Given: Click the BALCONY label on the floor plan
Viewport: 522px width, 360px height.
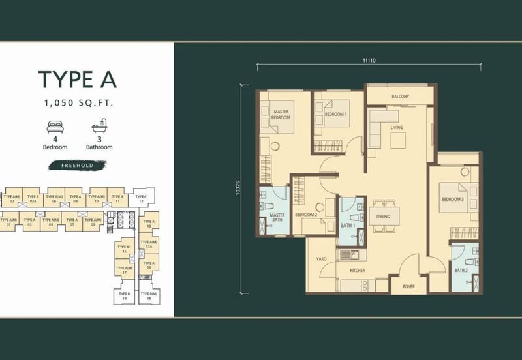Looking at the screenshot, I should pos(400,97).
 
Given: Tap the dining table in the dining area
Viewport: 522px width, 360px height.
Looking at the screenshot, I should pos(384,216).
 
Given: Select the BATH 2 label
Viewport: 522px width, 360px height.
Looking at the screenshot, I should pos(461,270).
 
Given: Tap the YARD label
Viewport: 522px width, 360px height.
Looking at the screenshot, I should pos(320,259).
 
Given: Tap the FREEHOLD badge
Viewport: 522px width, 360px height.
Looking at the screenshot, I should pos(78,166).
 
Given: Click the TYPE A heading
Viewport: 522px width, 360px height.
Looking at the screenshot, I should pos(77,78).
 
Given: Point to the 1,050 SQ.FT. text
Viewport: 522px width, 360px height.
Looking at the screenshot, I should pos(77,102).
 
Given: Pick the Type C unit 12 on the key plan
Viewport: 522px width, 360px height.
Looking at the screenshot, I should pos(140,198).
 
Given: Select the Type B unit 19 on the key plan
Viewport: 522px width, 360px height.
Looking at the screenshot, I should pos(125,296).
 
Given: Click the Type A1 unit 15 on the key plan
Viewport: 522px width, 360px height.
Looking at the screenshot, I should pos(124,249).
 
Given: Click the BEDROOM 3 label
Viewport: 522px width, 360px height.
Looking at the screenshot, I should pos(452,200).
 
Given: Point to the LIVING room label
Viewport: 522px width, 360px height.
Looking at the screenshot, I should pos(397,127).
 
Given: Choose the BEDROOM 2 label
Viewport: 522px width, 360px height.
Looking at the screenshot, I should pos(305,214).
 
